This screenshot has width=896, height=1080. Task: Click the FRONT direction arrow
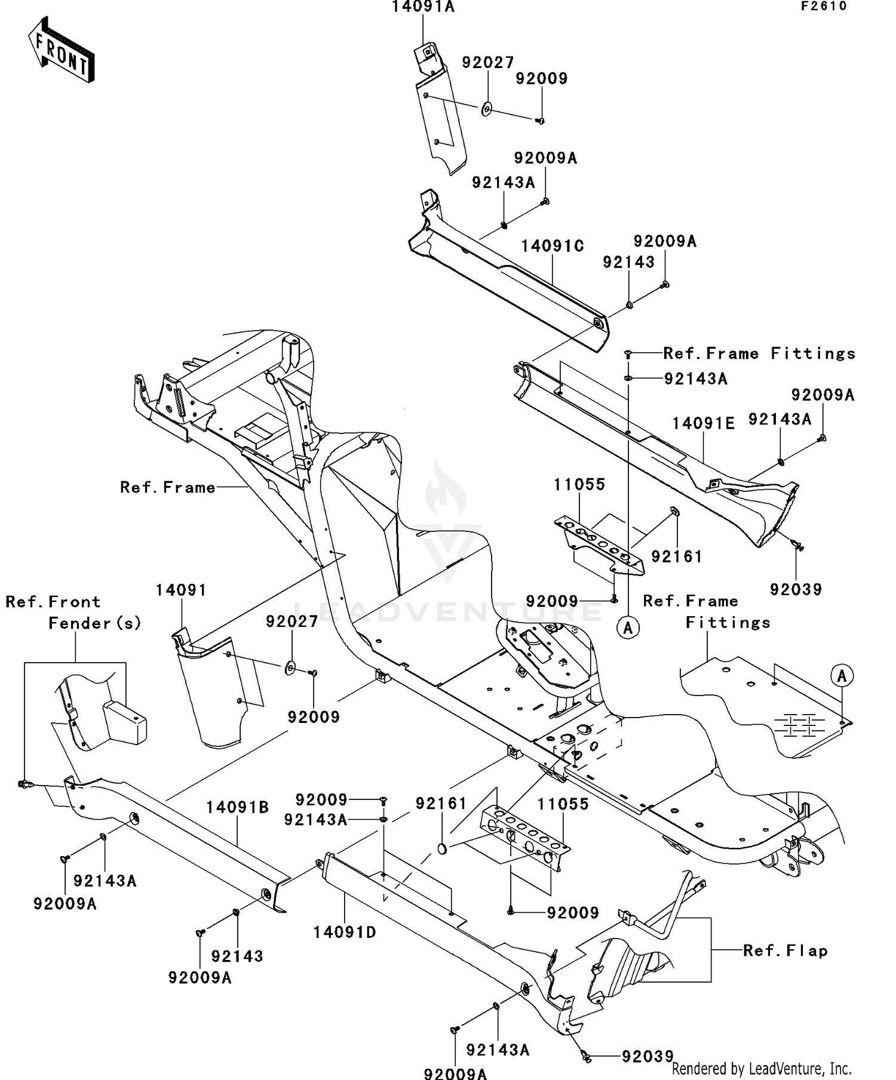(61, 50)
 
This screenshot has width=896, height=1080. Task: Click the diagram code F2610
(824, 7)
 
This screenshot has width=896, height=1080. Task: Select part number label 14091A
(423, 7)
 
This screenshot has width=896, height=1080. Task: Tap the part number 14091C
(552, 246)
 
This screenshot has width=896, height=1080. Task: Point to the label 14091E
(703, 423)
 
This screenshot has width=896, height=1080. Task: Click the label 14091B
(238, 807)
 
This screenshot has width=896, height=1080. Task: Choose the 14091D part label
(345, 932)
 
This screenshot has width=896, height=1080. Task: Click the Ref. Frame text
(167, 487)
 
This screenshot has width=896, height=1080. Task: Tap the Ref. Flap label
(785, 950)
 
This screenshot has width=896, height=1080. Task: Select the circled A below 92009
(628, 627)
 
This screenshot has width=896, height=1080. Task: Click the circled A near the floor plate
(842, 676)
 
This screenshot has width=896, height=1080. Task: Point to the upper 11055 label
(579, 484)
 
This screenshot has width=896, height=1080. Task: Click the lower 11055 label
(563, 804)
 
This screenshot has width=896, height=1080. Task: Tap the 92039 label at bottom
(648, 1056)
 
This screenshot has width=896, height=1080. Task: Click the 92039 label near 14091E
(796, 589)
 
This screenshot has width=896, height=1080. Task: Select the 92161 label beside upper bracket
(676, 556)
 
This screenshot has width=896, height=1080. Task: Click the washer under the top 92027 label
(487, 109)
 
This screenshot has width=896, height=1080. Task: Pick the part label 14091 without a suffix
(181, 590)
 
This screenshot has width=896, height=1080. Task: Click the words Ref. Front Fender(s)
(73, 612)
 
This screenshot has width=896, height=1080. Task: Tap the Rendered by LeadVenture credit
(762, 1068)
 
